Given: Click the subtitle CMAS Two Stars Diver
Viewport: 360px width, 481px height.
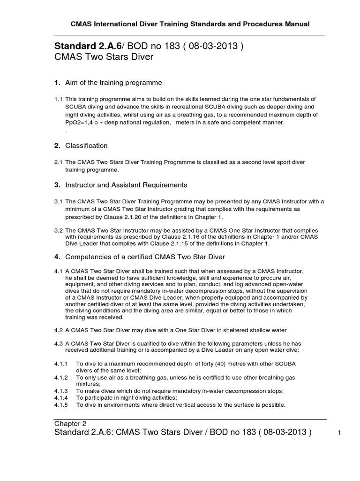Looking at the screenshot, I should [104, 57].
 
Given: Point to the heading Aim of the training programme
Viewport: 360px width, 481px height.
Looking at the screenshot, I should [113, 83].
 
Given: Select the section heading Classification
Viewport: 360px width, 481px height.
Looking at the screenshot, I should [86, 146].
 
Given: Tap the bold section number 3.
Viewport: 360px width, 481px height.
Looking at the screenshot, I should [57, 185].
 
